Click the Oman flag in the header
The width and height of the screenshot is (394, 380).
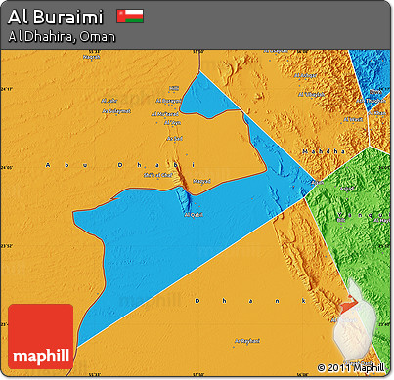129,16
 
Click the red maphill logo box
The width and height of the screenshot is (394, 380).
40,336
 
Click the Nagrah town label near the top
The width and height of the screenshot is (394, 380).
91,56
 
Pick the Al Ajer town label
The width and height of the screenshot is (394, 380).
109,100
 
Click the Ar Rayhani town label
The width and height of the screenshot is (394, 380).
247,340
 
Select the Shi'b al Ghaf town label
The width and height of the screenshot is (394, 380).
155,175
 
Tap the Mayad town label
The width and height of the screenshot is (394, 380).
201,180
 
